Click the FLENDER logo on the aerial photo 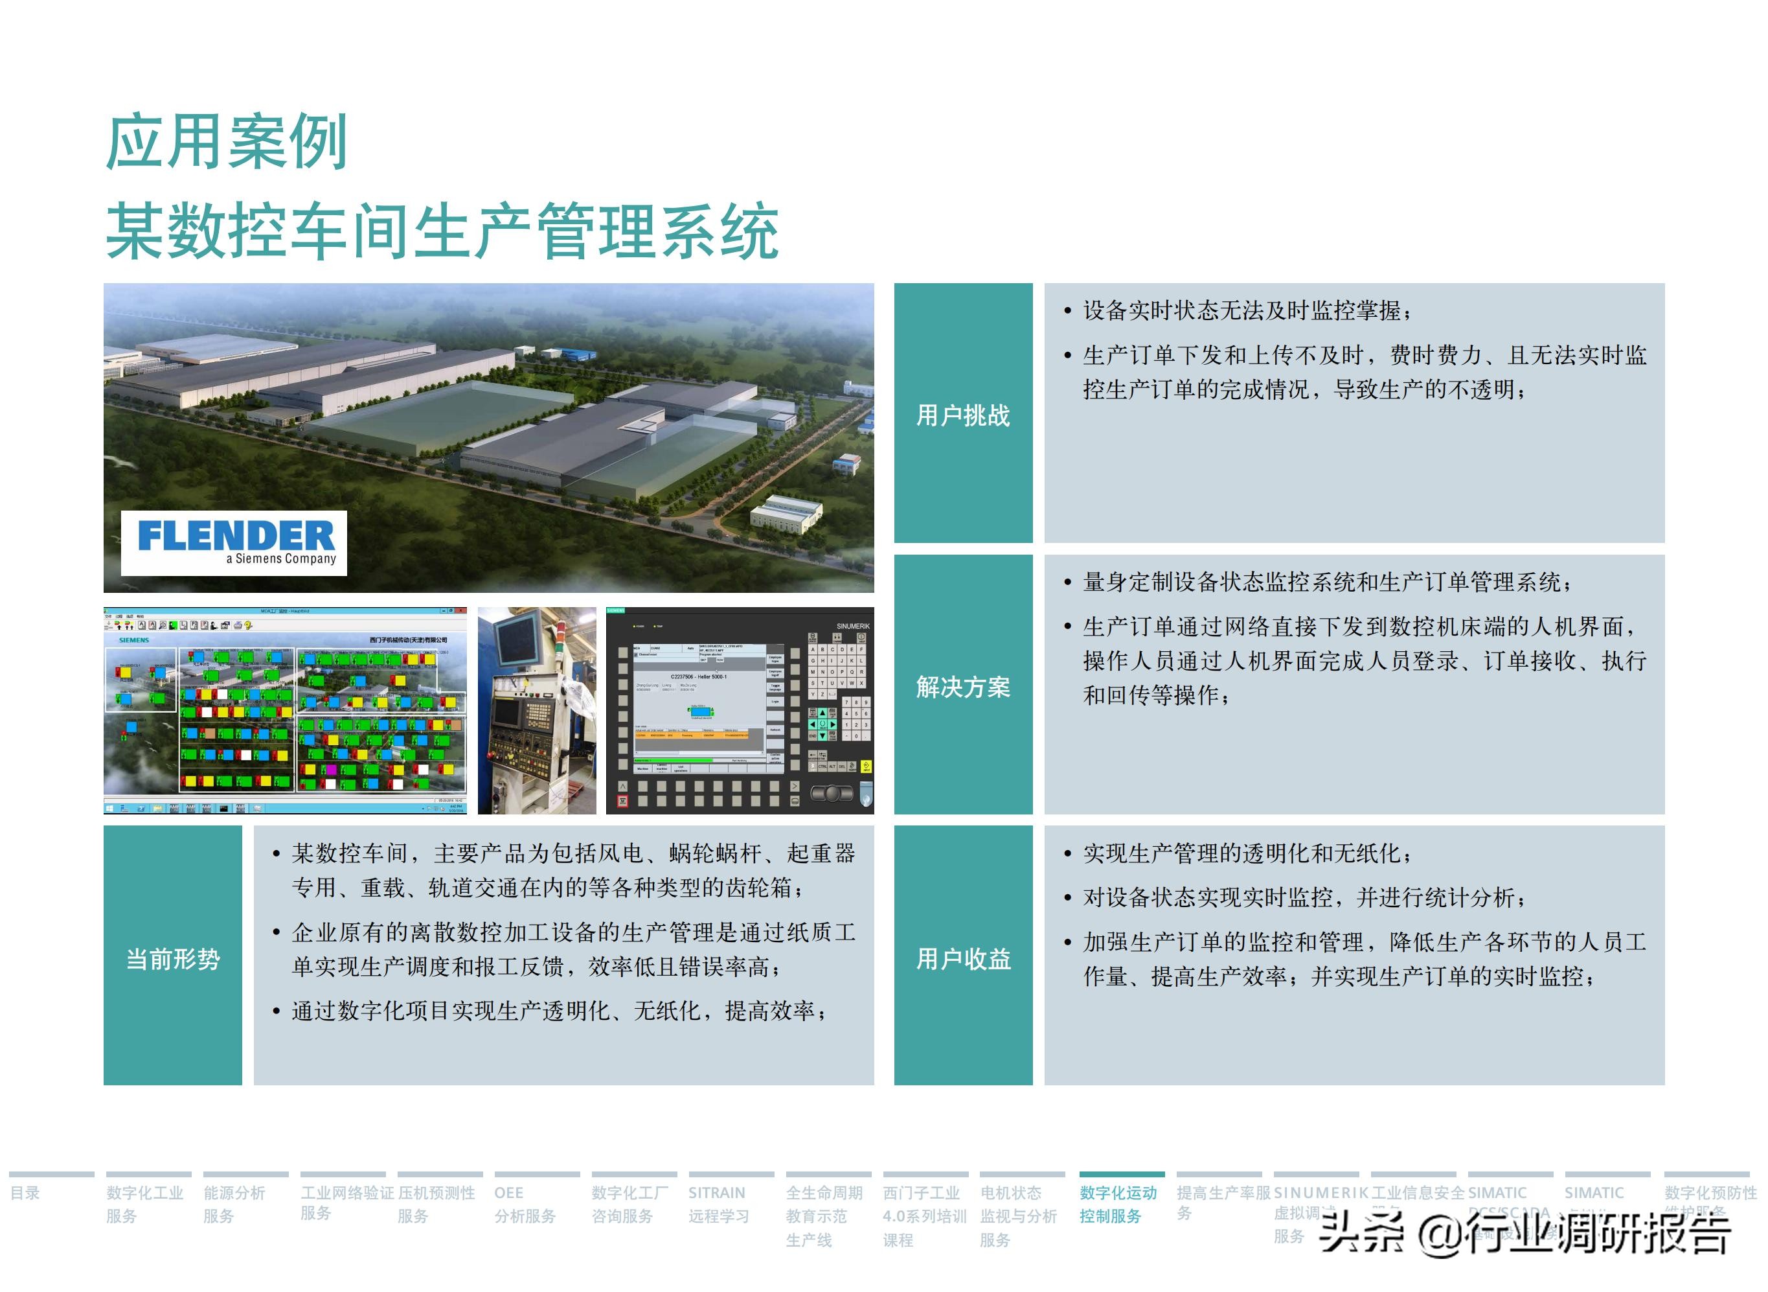[x=235, y=536]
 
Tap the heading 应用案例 [x=227, y=143]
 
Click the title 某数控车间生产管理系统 [x=442, y=231]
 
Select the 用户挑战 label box [x=962, y=414]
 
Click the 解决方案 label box [x=962, y=686]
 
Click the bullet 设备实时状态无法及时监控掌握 [x=1247, y=311]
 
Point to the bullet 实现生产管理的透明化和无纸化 [x=1247, y=853]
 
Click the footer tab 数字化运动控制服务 [x=1118, y=1204]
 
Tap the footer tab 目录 [x=25, y=1193]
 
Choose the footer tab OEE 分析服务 [x=525, y=1204]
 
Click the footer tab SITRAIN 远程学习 [x=718, y=1204]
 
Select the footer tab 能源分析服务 [x=234, y=1204]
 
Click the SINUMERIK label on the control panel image [x=852, y=626]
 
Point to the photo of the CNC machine [x=536, y=710]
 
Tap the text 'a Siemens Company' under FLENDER [x=281, y=559]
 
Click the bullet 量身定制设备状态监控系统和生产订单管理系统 [x=1327, y=582]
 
